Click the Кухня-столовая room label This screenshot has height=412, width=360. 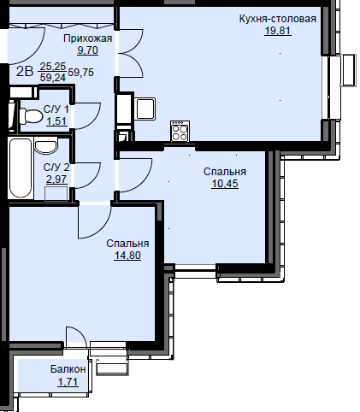click(278, 19)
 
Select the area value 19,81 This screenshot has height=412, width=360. click(278, 31)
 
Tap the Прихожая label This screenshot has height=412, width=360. click(88, 38)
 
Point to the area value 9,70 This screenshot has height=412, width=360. click(88, 50)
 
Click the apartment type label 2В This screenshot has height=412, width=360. click(25, 71)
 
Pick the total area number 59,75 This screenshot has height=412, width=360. click(81, 73)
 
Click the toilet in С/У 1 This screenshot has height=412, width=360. click(31, 116)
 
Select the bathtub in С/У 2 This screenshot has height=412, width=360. click(21, 168)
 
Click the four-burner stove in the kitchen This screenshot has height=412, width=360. click(180, 131)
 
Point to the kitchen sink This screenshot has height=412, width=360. click(145, 109)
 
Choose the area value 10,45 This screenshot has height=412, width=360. click(225, 184)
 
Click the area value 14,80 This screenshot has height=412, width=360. click(127, 256)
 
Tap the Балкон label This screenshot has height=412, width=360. click(68, 369)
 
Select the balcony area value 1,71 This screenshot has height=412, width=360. click(68, 381)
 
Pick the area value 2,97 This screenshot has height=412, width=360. click(56, 180)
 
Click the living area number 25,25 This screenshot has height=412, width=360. click(53, 67)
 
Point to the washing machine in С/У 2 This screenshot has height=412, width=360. click(56, 194)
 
